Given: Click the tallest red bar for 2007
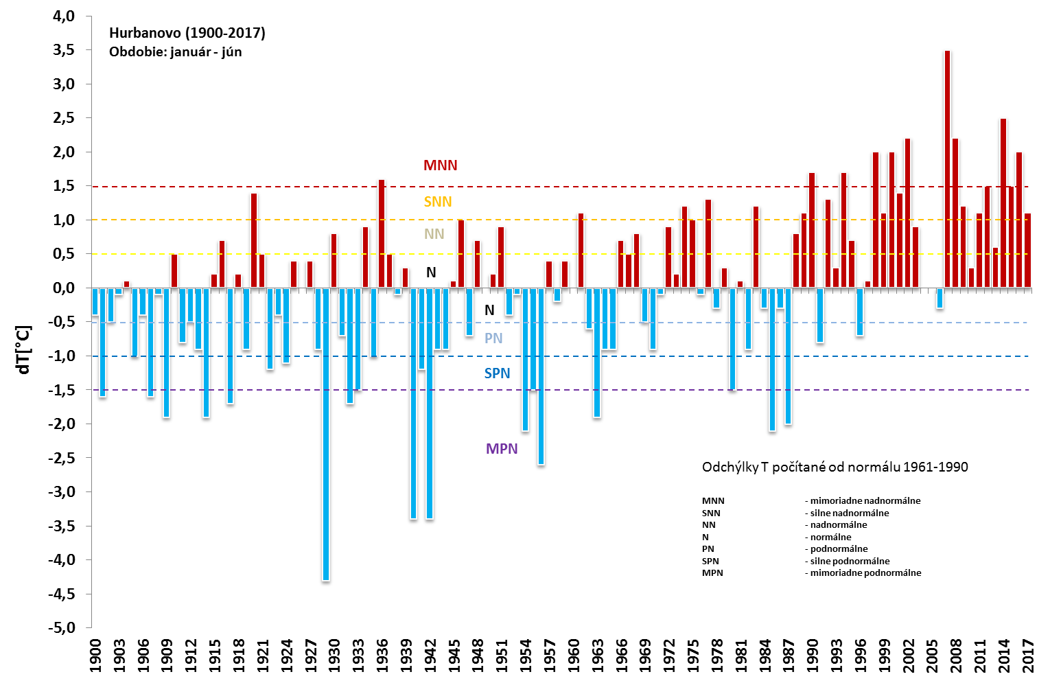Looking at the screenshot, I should (948, 168).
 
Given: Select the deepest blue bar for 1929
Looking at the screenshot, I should (326, 434).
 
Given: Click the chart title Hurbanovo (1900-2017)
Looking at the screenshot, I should (187, 33).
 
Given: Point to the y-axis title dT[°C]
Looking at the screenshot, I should (24, 350).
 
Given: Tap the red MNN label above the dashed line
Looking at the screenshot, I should (440, 165).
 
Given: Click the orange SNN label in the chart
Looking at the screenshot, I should (438, 202).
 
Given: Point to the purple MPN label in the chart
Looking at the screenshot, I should (502, 449).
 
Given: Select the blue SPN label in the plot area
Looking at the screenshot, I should (498, 373).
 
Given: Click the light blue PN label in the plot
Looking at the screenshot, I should (493, 338).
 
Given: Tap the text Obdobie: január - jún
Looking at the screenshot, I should (176, 52).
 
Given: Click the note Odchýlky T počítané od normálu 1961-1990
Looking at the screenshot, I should (835, 467).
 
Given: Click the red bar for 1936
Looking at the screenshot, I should (382, 233).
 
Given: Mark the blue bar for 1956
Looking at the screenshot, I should (541, 376).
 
